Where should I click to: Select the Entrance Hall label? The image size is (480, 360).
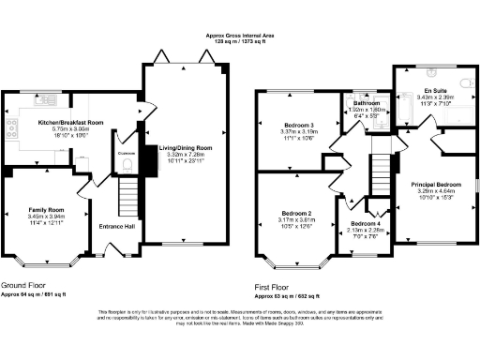(x=118, y=226)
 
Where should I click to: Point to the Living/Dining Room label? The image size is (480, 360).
(x=183, y=147)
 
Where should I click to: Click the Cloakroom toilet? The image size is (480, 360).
(x=127, y=167)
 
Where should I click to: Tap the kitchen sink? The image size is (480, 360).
(x=49, y=99)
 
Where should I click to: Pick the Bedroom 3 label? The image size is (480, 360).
(x=298, y=124)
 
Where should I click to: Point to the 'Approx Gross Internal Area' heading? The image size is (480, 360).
(x=239, y=35)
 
